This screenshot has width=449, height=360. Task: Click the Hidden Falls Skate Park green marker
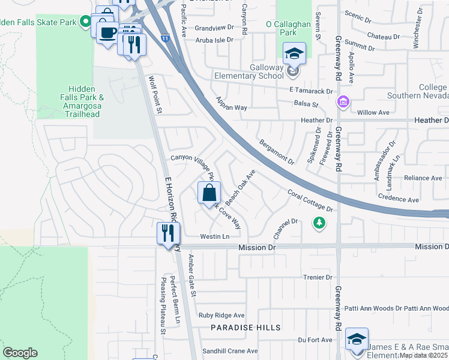coord(86,22)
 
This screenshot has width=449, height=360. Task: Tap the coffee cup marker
coord(107,32)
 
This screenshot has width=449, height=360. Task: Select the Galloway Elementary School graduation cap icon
coord(295,55)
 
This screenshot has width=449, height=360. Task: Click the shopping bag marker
coord(209,193)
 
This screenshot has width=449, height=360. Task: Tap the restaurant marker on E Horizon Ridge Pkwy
coord(167,233)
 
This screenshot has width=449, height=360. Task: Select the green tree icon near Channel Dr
coord(319,223)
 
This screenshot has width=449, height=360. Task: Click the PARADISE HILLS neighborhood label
coord(246,328)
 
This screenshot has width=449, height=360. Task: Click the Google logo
coord(20,353)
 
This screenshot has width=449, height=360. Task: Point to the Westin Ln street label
coord(215,236)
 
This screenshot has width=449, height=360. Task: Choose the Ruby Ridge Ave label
coord(221,315)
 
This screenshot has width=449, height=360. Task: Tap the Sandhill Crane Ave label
coord(229,351)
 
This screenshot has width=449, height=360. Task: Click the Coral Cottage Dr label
coord(310,200)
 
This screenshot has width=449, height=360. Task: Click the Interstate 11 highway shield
coord(165,38)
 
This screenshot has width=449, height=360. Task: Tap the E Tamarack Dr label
coord(310,91)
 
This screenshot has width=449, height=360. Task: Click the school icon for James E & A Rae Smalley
coord(357,340)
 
